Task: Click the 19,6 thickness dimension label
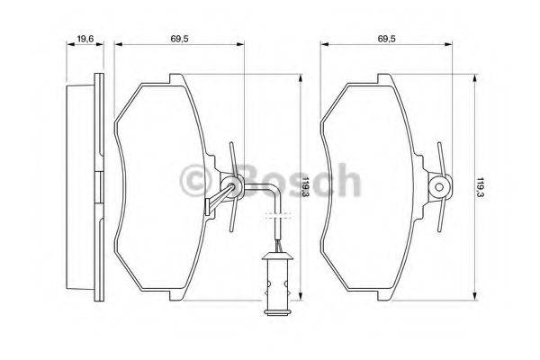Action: pos(86,39)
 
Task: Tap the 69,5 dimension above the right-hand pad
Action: pos(388,39)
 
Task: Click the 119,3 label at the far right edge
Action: pos(483,186)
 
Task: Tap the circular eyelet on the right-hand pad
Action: pos(439,187)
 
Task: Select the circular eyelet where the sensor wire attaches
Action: pos(234,187)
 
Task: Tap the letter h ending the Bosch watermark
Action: pos(346,182)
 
